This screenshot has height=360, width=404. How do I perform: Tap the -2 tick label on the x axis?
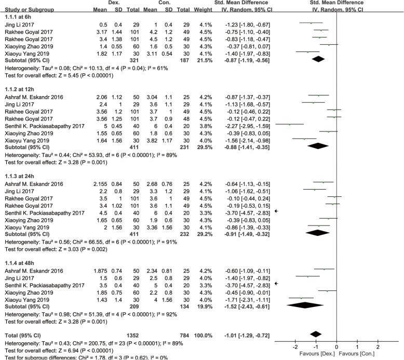pyautogui.click(x=294, y=346)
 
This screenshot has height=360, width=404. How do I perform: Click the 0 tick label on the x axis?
pyautogui.click(x=336, y=346)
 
